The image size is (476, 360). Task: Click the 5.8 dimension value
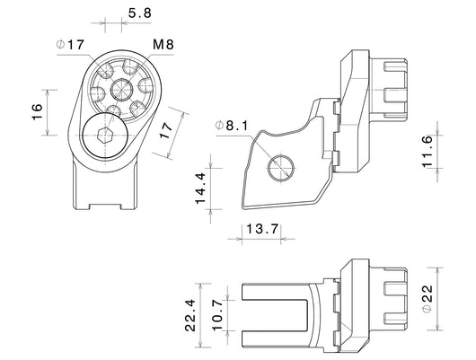[139, 13]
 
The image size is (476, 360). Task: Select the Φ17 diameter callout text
[70, 45]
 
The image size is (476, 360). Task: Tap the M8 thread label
[163, 44]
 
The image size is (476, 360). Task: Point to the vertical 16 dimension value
[37, 112]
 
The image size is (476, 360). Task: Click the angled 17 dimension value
[166, 130]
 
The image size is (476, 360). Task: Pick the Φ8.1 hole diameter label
[232, 125]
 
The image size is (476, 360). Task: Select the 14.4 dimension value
[200, 189]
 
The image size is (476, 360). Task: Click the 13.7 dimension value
[262, 229]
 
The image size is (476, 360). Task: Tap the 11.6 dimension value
[427, 151]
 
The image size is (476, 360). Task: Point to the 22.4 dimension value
[190, 315]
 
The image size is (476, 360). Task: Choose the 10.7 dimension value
[217, 315]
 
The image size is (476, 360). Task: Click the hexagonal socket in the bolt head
[105, 136]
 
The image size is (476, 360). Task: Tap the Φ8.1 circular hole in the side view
[281, 168]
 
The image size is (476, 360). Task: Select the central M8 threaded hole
[121, 89]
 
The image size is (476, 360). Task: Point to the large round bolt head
[105, 136]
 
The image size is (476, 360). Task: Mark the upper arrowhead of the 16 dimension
[48, 92]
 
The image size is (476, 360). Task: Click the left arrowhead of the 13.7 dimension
[239, 239]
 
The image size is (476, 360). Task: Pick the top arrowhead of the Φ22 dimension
[437, 271]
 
